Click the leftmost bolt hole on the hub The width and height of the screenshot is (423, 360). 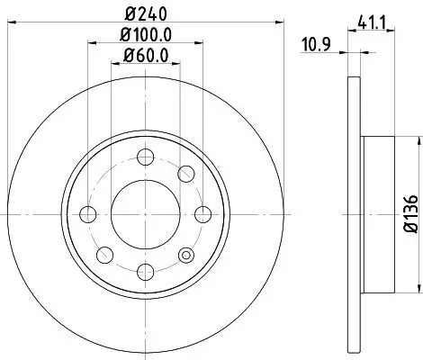(x=88, y=214)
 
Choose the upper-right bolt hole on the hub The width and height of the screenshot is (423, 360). (x=185, y=174)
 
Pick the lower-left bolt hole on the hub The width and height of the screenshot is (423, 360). (x=104, y=255)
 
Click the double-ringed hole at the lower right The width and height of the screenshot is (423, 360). (x=185, y=255)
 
